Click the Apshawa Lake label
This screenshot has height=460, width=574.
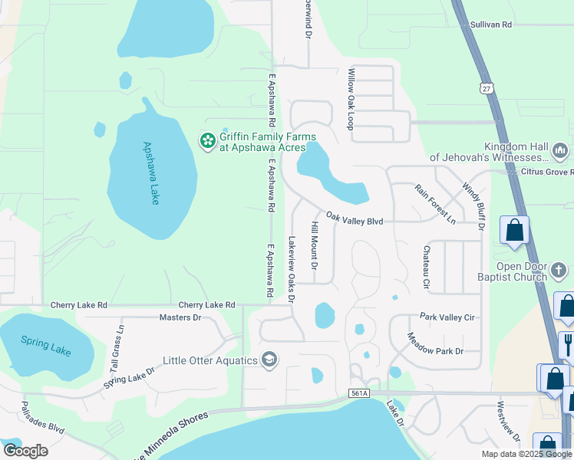[x=150, y=172]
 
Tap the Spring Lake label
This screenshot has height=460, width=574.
[x=45, y=346]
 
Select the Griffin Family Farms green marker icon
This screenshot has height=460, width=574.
[x=206, y=141]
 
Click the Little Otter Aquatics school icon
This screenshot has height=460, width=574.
[x=269, y=360]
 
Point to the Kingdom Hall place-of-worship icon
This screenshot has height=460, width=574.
[x=559, y=149]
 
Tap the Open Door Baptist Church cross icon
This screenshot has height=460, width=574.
[x=559, y=271]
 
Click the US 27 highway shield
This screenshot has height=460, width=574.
[x=487, y=88]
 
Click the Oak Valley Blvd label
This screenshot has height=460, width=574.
[x=354, y=219]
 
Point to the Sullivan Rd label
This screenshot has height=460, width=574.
[x=491, y=25]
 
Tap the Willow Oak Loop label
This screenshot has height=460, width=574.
[x=351, y=99]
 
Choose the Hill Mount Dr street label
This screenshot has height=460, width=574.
[x=314, y=245]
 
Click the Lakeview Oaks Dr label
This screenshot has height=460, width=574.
[x=291, y=268]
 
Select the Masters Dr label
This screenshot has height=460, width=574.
[x=180, y=317]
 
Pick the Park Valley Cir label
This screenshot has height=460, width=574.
[x=448, y=317]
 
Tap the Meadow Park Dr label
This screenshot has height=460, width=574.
[x=435, y=343]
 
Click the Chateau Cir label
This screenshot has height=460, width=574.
[x=426, y=268]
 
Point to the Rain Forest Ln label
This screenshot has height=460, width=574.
[x=435, y=203]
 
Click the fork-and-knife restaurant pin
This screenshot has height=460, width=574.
[x=569, y=342]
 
